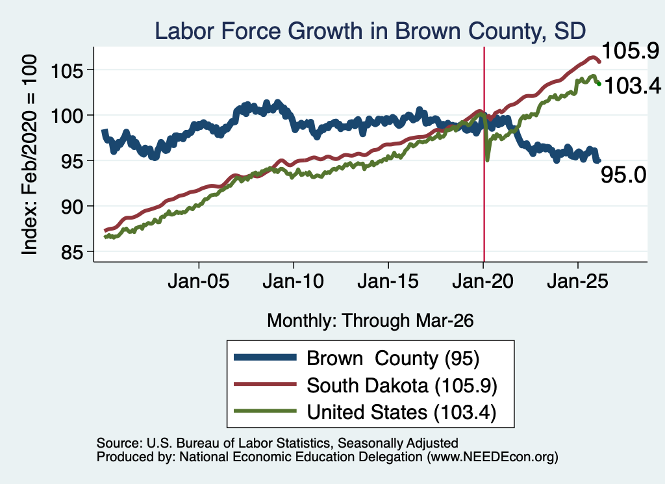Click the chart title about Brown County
coord(370,31)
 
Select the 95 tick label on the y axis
coord(71,160)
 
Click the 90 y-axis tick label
coord(71,206)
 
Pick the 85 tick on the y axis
coord(71,252)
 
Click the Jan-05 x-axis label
coord(199,281)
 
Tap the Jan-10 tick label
coord(293,281)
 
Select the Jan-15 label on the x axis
coord(388,281)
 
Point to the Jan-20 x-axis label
coord(483,281)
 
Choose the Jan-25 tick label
coord(577,281)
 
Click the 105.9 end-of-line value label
coord(630,51)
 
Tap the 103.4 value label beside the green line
coord(633,86)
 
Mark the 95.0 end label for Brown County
coord(623,175)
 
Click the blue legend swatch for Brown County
coord(265,357)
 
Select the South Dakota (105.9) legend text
coord(401,386)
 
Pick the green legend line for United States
coord(265,411)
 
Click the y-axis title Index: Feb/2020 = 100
coord(29,155)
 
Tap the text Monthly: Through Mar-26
coord(370,321)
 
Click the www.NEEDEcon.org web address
coord(492,457)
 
